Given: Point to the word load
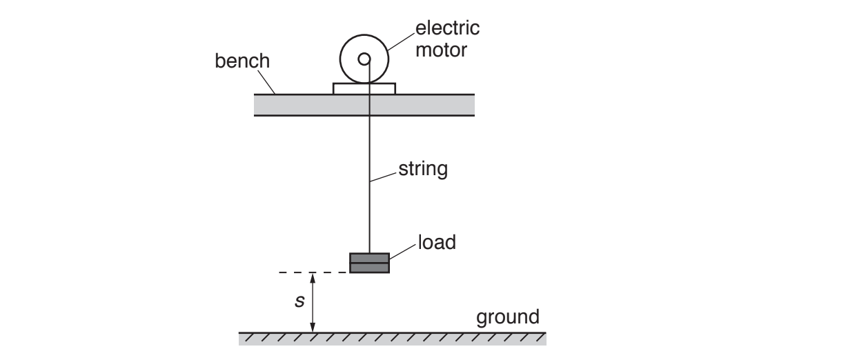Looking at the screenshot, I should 436,243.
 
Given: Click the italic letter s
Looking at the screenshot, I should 299,302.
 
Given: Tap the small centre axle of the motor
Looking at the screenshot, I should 364,59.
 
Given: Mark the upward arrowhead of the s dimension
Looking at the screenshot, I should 313,277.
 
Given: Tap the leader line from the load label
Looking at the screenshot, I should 403,250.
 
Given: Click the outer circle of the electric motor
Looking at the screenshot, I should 343,59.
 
